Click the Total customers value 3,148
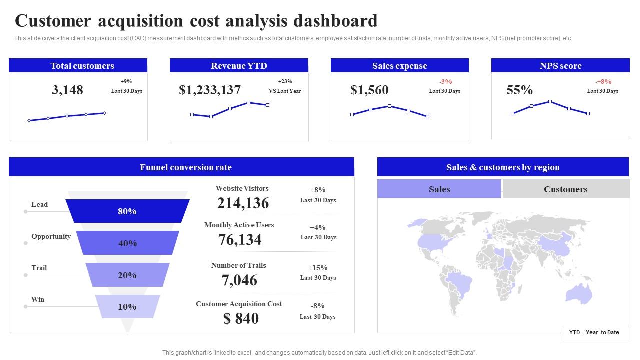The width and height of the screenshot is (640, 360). (x=67, y=90)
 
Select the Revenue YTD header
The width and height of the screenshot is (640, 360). (x=239, y=66)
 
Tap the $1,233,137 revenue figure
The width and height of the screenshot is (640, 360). (x=210, y=90)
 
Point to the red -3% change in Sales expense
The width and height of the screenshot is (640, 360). (x=445, y=82)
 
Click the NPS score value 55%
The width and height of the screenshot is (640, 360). (x=519, y=90)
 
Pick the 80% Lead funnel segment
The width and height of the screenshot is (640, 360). (x=127, y=211)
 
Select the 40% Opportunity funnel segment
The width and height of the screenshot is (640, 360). (x=127, y=243)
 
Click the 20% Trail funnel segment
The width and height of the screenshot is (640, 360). (x=127, y=275)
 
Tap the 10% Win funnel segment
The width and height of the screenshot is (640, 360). (x=127, y=307)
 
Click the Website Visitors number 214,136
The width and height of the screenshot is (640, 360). (x=243, y=203)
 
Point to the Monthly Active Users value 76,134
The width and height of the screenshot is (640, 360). (x=240, y=240)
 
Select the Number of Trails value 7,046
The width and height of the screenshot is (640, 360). (x=239, y=280)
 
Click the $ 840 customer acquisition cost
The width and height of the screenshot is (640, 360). (x=241, y=319)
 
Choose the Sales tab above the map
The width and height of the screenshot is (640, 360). (x=439, y=189)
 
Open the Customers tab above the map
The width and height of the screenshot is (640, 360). (x=565, y=189)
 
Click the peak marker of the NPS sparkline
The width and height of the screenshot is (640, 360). (x=550, y=101)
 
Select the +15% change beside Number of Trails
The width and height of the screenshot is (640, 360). (x=317, y=268)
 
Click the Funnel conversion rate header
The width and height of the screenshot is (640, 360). (x=186, y=167)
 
